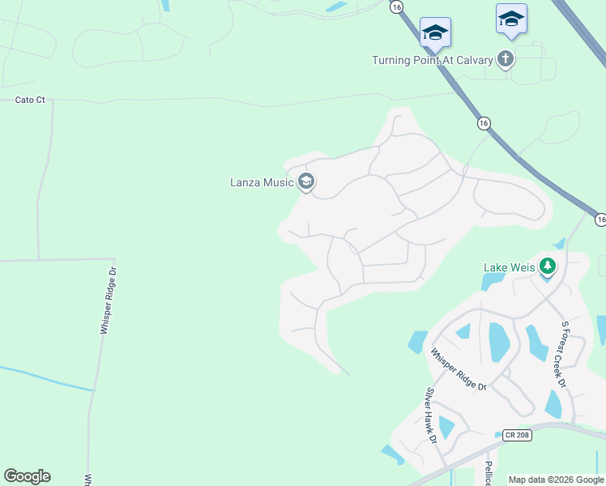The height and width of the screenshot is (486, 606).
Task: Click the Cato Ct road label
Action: tap(30, 100)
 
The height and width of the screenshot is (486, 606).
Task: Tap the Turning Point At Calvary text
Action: tap(433, 60)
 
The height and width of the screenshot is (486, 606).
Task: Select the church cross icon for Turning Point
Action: tap(506, 58)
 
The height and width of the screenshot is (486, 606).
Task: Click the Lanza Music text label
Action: tap(261, 182)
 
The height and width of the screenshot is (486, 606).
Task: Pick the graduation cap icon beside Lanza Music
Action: tap(306, 181)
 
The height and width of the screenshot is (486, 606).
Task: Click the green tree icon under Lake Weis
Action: tap(548, 266)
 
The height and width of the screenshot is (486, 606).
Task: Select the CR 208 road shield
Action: tap(516, 435)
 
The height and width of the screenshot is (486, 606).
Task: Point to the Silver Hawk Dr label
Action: tap(431, 416)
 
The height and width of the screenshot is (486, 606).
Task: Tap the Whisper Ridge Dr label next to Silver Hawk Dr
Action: tap(458, 369)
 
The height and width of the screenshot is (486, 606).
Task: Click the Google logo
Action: tap(27, 475)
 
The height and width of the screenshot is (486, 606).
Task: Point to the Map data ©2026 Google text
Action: tap(556, 480)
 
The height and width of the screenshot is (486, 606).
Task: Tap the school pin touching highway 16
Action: tap(435, 32)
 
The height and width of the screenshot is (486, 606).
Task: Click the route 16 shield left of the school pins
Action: tap(396, 6)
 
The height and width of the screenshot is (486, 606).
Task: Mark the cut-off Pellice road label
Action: tap(489, 474)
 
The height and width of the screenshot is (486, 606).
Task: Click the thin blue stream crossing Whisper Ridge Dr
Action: tap(49, 378)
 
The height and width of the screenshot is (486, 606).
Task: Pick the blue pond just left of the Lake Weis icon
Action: tap(492, 282)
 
